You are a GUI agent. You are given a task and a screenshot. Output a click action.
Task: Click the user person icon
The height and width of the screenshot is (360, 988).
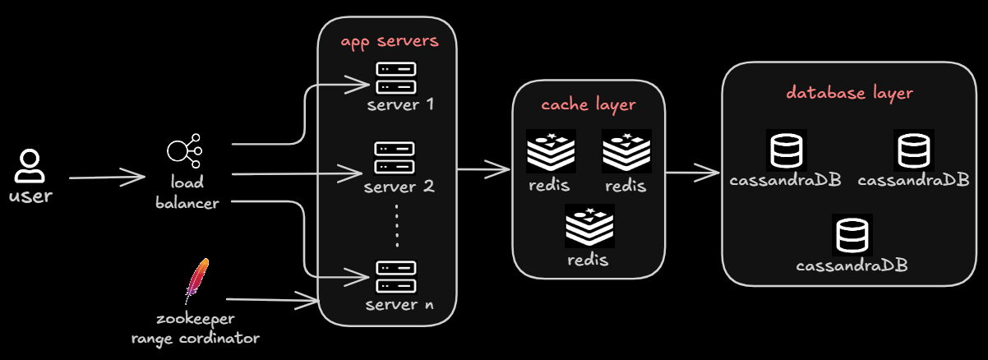(30, 166)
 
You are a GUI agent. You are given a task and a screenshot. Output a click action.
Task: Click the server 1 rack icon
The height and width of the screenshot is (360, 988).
(395, 77)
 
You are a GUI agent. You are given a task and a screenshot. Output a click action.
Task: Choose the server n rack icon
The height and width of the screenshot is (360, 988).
(395, 277)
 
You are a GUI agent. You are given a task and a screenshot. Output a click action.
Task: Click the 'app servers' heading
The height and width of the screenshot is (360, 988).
(390, 41)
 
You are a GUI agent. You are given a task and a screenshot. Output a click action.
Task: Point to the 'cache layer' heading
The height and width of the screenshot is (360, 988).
(588, 104)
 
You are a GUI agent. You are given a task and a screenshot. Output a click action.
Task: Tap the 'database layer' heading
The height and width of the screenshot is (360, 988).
(849, 93)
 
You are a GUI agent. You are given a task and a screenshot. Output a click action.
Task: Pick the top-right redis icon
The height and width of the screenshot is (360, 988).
(626, 151)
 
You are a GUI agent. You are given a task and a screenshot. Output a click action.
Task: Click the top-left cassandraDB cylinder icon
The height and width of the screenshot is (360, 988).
(786, 150)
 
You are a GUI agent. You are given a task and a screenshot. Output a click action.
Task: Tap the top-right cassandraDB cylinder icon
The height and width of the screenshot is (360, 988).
(913, 150)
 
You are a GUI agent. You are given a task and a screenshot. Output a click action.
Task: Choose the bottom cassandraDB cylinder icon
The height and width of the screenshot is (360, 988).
(852, 234)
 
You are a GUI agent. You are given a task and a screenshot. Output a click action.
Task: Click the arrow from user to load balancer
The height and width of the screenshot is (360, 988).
(107, 177)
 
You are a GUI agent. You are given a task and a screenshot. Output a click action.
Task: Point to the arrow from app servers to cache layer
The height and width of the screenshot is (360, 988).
(483, 170)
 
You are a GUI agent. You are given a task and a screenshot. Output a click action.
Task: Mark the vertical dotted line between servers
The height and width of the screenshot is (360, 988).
(397, 225)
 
